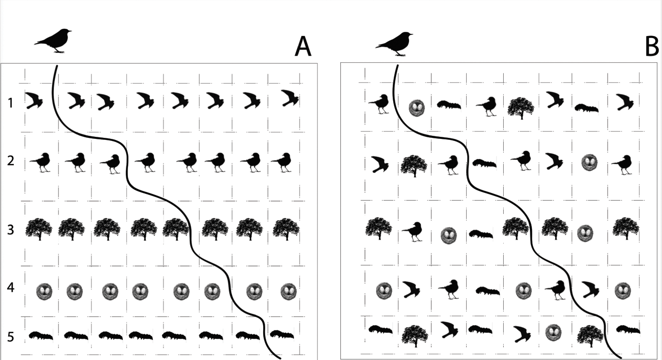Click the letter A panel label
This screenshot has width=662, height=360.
(303, 47)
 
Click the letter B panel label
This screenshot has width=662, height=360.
(652, 47)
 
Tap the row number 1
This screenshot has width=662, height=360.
(11, 103)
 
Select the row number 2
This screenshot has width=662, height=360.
(11, 160)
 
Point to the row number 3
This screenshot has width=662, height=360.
(11, 230)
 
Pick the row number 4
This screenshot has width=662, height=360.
(11, 287)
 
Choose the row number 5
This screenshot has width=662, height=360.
(11, 337)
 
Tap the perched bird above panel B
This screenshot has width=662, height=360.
(394, 44)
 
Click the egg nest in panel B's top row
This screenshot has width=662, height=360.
(417, 107)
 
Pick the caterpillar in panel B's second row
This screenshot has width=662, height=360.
(484, 163)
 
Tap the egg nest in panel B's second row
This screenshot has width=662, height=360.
(590, 163)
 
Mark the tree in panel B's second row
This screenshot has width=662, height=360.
(414, 166)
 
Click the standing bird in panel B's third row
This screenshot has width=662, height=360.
(413, 231)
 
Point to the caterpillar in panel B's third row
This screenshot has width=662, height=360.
(481, 234)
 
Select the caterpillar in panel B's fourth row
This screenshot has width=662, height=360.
(488, 291)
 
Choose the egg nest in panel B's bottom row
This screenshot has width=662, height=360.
(553, 333)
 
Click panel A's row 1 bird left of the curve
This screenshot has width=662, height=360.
(33, 100)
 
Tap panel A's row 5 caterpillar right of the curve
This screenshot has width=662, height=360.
(282, 334)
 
